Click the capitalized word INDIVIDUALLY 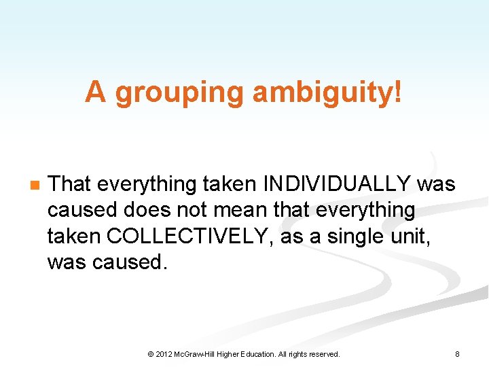[336, 183]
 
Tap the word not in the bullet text [196, 209]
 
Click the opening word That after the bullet [73, 183]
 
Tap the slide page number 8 [457, 354]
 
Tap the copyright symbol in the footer [150, 354]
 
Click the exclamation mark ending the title [397, 93]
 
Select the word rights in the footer [296, 354]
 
